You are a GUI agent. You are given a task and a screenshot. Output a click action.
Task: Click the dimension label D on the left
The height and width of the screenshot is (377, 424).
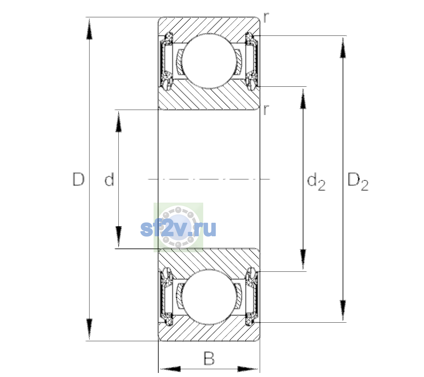[x=79, y=179]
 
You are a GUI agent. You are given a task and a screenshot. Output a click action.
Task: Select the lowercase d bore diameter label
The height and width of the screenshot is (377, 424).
[x=109, y=179]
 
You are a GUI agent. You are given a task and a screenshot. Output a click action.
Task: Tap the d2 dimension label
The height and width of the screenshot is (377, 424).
[x=316, y=182]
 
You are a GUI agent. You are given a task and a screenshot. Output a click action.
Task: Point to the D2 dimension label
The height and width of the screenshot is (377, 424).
[x=358, y=182]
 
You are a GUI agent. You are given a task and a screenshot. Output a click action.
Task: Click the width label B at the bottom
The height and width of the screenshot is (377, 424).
[x=209, y=358]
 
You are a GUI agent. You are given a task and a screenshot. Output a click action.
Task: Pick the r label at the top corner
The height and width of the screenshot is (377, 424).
[x=266, y=18]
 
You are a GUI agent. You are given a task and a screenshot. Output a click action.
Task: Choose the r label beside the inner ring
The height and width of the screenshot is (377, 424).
[x=266, y=110]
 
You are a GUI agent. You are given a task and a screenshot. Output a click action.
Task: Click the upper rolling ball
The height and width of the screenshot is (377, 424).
[x=209, y=61]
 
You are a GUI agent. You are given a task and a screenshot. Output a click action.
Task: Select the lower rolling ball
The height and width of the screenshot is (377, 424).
[x=209, y=297]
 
